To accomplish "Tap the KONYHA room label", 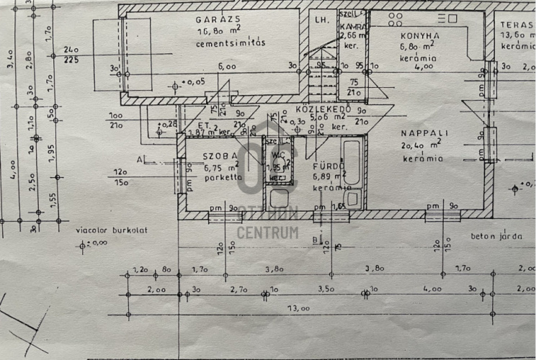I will [x=419, y=35].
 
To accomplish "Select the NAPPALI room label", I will [x=427, y=133].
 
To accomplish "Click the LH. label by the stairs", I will [x=321, y=20].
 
